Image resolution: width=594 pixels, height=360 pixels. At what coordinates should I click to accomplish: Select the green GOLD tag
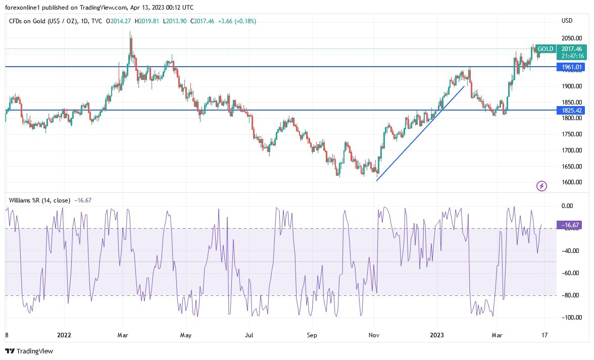click(x=545, y=49)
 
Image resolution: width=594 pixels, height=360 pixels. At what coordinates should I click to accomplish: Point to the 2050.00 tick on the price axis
click(x=571, y=38)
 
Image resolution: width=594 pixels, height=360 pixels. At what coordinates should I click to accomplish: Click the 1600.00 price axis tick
click(x=571, y=182)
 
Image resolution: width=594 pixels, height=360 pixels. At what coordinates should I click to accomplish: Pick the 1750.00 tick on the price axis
click(x=571, y=134)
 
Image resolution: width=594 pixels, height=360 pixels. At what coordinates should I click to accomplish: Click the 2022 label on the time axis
click(x=64, y=334)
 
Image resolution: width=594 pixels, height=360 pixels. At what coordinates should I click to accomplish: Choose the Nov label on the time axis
click(x=374, y=334)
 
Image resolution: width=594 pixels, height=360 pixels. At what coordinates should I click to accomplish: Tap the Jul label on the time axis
click(x=249, y=334)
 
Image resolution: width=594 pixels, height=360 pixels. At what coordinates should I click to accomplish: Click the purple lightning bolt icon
click(x=541, y=186)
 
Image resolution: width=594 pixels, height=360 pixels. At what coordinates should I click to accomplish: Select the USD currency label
click(x=567, y=21)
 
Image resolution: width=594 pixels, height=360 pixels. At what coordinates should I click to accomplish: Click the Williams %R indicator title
click(x=39, y=200)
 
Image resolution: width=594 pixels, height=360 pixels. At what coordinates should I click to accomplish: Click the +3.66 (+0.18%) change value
click(x=238, y=21)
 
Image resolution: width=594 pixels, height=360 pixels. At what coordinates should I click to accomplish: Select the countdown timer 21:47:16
click(x=573, y=56)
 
